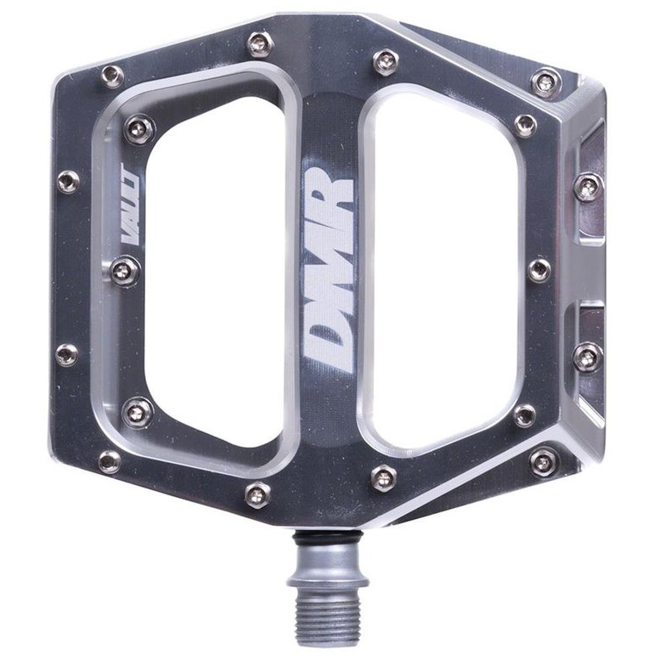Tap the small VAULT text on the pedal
tap(133, 217)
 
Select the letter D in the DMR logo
tap(328, 339)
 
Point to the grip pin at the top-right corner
tap(544, 82)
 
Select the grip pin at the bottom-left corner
tap(109, 461)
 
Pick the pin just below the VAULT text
tap(124, 272)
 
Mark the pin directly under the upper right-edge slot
tap(587, 187)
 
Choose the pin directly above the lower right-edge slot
tap(587, 356)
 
